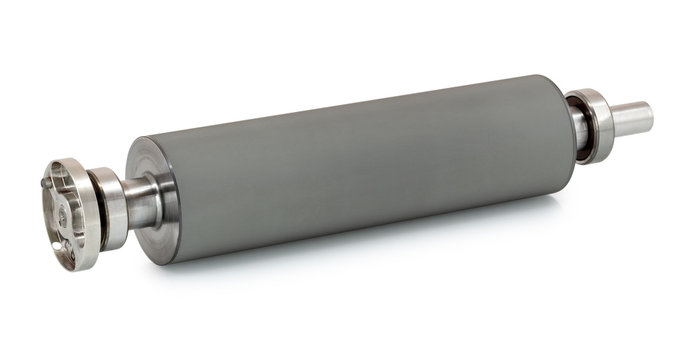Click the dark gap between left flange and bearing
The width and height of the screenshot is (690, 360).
click(88, 204)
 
